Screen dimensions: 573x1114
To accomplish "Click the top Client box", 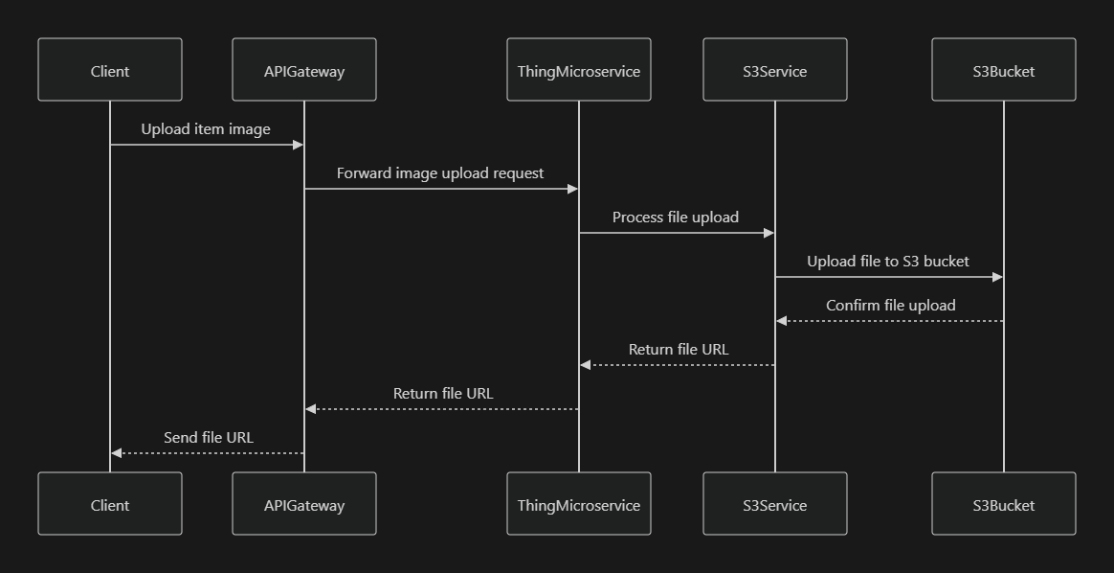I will click(110, 70).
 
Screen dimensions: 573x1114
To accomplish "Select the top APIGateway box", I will click(304, 70).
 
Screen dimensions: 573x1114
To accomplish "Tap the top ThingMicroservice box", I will click(578, 70).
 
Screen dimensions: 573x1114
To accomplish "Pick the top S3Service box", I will click(774, 70).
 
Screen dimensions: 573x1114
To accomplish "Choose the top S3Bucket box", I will click(1003, 70).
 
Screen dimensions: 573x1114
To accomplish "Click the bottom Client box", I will click(110, 504).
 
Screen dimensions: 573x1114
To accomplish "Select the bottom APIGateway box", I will click(304, 504).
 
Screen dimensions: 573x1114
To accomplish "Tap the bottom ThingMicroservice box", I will click(578, 504).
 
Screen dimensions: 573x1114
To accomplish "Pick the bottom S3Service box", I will click(774, 504).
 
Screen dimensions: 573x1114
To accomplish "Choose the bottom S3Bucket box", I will click(1003, 504).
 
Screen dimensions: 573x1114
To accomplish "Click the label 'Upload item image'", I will click(206, 129).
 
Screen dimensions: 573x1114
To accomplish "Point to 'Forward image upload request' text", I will click(440, 173).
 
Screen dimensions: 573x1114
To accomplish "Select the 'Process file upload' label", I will click(676, 218).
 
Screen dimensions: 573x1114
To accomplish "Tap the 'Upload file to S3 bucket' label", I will click(888, 262).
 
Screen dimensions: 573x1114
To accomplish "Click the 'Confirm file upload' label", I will click(890, 306).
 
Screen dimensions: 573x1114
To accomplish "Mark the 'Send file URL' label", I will click(209, 438).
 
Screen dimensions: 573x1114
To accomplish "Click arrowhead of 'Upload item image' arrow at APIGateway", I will click(299, 145).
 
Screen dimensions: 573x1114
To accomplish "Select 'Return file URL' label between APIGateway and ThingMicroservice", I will click(443, 394).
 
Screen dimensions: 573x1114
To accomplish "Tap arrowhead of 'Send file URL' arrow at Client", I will click(116, 453).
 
